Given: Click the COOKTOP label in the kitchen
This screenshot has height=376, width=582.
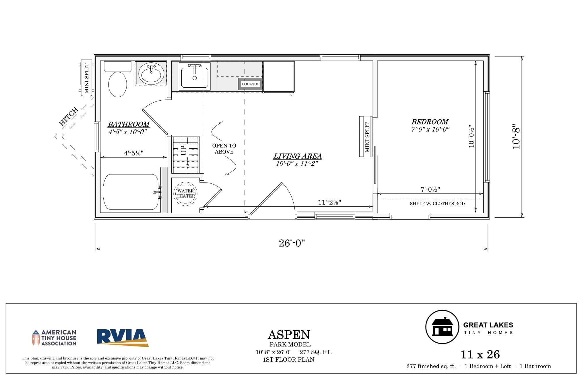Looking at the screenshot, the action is tap(251, 84).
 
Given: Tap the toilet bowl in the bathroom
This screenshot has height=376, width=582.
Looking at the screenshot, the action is tap(118, 84).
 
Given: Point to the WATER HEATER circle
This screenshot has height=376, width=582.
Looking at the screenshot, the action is tap(185, 193).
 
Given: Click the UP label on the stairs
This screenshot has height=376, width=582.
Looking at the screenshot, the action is tap(183, 150).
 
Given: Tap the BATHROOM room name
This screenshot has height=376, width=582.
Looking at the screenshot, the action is tap(129, 124).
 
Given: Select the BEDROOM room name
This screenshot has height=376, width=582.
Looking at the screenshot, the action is tap(430, 122).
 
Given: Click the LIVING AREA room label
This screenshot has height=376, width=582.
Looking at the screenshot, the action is tap(297, 156).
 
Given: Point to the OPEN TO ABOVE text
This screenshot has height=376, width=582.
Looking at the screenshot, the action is tap(224, 149).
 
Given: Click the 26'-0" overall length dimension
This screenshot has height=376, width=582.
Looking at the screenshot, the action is tap(292, 243).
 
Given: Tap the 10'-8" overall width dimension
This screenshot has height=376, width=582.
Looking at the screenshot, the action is tap(516, 137).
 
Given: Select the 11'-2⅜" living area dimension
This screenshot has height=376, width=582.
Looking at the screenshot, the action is tap(329, 202).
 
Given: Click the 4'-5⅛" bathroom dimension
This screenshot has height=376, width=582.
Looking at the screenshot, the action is tap(133, 153).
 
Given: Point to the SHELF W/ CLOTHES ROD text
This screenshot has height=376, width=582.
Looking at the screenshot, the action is tap(437, 204).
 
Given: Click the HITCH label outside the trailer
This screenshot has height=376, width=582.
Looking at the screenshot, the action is tap(69, 117).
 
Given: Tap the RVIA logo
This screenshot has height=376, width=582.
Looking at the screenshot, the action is tap(123, 338).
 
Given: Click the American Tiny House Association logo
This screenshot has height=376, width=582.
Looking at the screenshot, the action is tap(54, 337).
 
